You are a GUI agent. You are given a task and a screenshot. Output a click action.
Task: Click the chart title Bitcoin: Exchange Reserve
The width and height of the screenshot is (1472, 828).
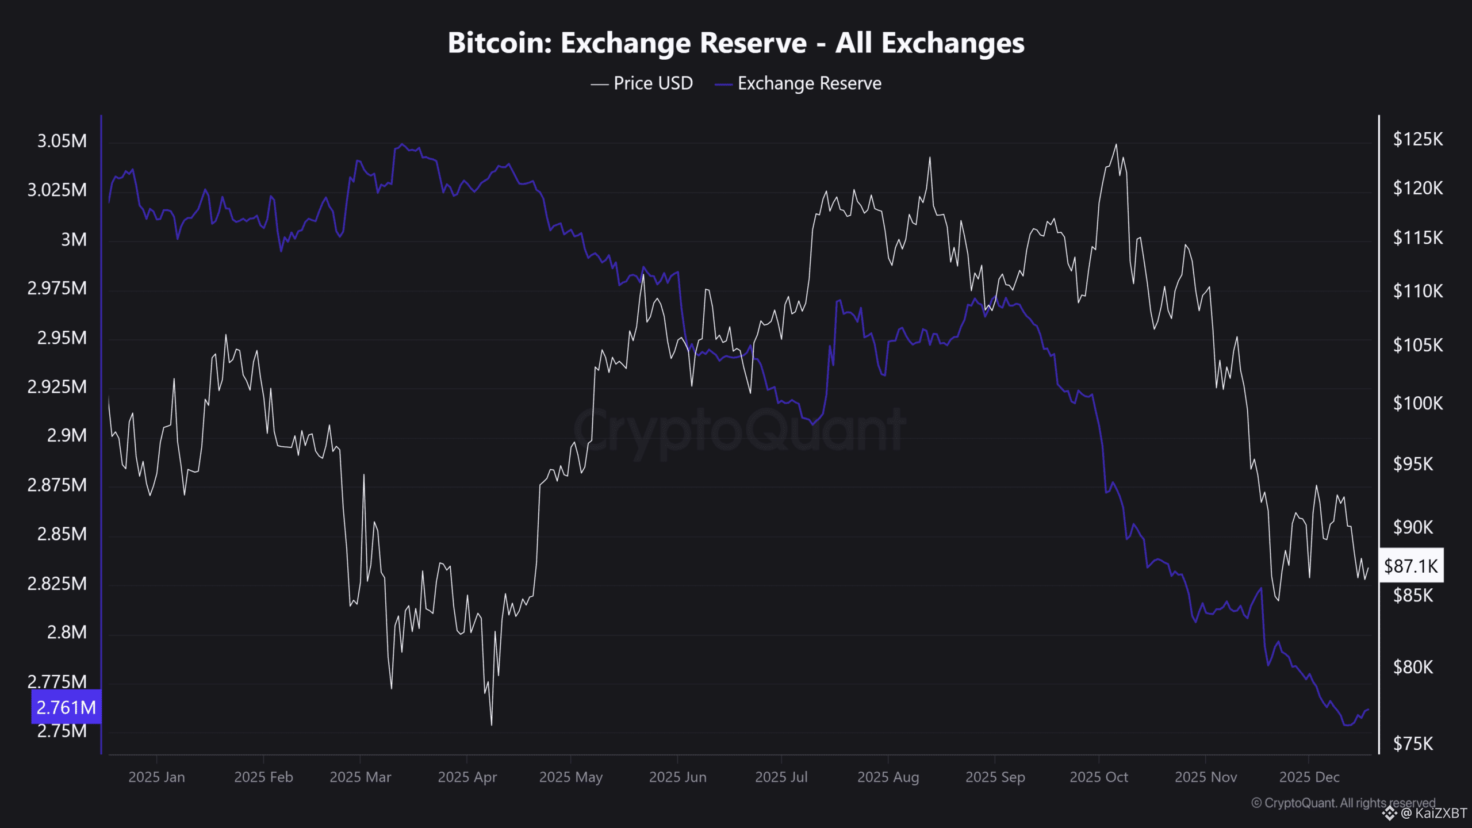(x=736, y=43)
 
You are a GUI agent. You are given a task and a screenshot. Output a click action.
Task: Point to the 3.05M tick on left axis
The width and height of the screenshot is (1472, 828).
(x=62, y=141)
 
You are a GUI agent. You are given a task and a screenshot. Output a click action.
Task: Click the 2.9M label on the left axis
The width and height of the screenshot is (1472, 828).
(x=67, y=436)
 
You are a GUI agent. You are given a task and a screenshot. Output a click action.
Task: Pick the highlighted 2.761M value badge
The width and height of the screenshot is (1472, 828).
(x=66, y=707)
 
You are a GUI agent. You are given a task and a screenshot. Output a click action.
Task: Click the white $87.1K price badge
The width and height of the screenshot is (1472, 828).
(x=1410, y=566)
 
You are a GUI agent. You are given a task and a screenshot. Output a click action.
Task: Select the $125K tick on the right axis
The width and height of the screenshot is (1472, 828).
(x=1417, y=139)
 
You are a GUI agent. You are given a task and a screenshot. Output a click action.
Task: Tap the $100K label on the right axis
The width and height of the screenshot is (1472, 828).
(x=1417, y=403)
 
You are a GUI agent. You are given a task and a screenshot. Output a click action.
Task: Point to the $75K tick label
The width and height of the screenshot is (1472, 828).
(x=1413, y=744)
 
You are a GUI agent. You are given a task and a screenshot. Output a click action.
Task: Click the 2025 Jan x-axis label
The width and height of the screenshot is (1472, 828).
(x=156, y=777)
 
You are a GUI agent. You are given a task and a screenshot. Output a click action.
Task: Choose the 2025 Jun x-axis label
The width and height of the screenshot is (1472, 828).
(x=677, y=777)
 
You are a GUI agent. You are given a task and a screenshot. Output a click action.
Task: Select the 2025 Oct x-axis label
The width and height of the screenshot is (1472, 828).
(x=1098, y=777)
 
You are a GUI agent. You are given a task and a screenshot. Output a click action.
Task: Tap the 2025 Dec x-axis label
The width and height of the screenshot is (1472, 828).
(x=1309, y=777)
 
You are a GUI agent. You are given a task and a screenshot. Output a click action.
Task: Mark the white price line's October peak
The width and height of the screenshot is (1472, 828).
(x=1116, y=145)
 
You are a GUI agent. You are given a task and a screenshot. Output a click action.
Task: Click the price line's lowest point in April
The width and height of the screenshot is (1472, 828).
(x=492, y=724)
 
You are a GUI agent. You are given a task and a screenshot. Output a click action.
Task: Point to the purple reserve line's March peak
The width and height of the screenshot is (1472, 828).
(x=402, y=144)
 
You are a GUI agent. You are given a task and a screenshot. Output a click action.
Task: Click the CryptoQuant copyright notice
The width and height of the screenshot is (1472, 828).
(x=1343, y=803)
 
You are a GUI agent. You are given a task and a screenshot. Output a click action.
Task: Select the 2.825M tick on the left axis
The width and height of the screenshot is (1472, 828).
(x=57, y=584)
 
